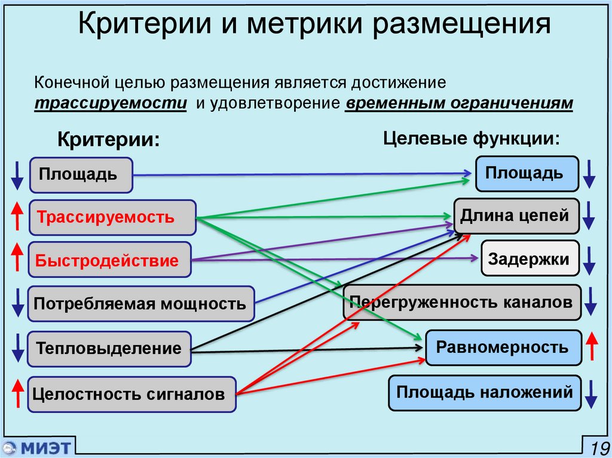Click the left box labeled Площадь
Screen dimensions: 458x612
[x=81, y=175]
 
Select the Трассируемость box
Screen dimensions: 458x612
[x=112, y=217]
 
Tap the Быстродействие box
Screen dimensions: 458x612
[x=110, y=260]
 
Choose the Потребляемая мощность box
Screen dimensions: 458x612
[x=141, y=303]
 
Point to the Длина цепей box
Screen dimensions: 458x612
[x=516, y=215]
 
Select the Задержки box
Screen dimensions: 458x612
[x=530, y=258]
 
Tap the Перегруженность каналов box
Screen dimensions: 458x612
[x=461, y=302]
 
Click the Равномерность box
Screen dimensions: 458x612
[x=503, y=347]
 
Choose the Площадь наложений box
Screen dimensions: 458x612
[x=484, y=393]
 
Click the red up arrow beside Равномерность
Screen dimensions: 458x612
[x=592, y=347]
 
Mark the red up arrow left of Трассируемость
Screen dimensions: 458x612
[x=17, y=216]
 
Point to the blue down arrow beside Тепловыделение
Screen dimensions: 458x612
[x=17, y=349]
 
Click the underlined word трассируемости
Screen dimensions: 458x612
[x=109, y=103]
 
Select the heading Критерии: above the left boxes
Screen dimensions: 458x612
[x=109, y=140]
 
